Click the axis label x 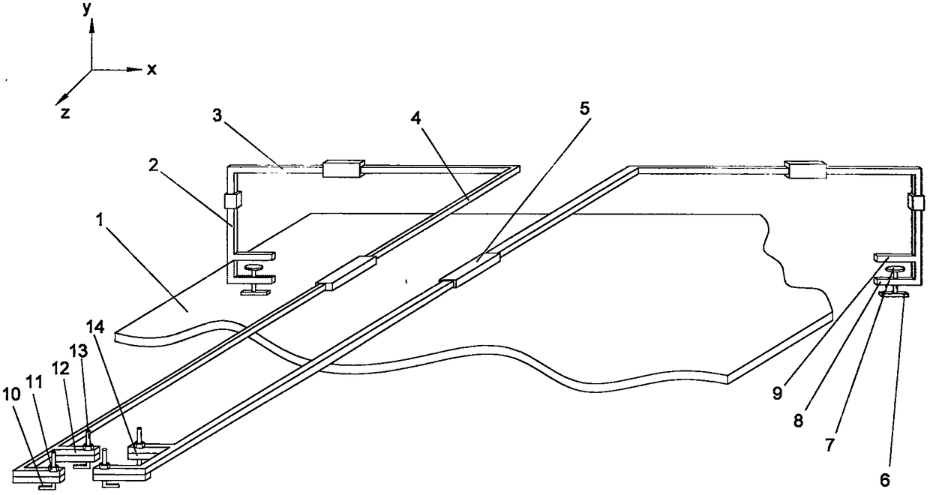pos(151,70)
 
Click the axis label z pos(65,113)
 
